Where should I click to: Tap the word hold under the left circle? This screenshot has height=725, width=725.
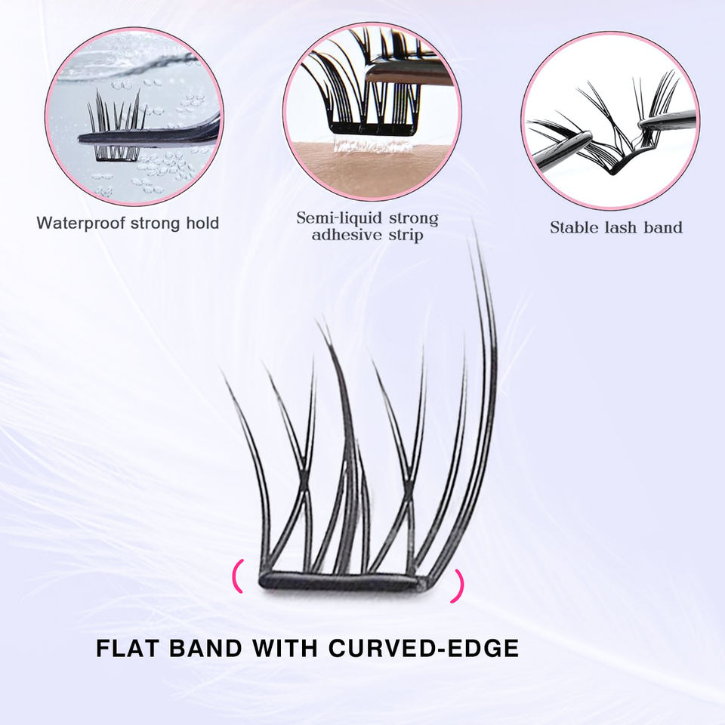click(x=199, y=223)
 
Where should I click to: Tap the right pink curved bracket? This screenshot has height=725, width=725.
click(x=458, y=585)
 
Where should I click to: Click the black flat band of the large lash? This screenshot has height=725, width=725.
click(x=340, y=581)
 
